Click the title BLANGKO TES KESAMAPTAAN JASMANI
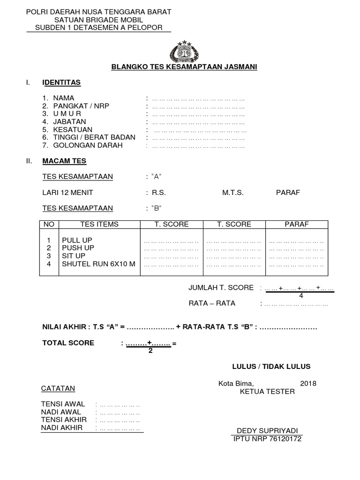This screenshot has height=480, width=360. [x=184, y=67]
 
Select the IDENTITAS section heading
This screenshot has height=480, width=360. [x=61, y=82]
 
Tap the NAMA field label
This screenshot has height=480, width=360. [x=63, y=98]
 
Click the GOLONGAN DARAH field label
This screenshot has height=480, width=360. [x=88, y=145]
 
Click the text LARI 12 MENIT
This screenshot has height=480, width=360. [x=67, y=193]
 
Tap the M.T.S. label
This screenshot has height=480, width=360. [x=233, y=193]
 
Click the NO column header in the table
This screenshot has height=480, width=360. [x=49, y=225]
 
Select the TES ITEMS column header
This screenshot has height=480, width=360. [x=99, y=225]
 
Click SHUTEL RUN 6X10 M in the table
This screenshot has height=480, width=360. [x=98, y=264]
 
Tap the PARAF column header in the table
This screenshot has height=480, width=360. [x=296, y=225]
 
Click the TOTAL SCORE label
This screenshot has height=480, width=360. [x=68, y=343]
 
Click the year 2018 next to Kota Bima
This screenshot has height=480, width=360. [x=308, y=383]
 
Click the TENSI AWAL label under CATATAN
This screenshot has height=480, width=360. [x=63, y=404]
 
